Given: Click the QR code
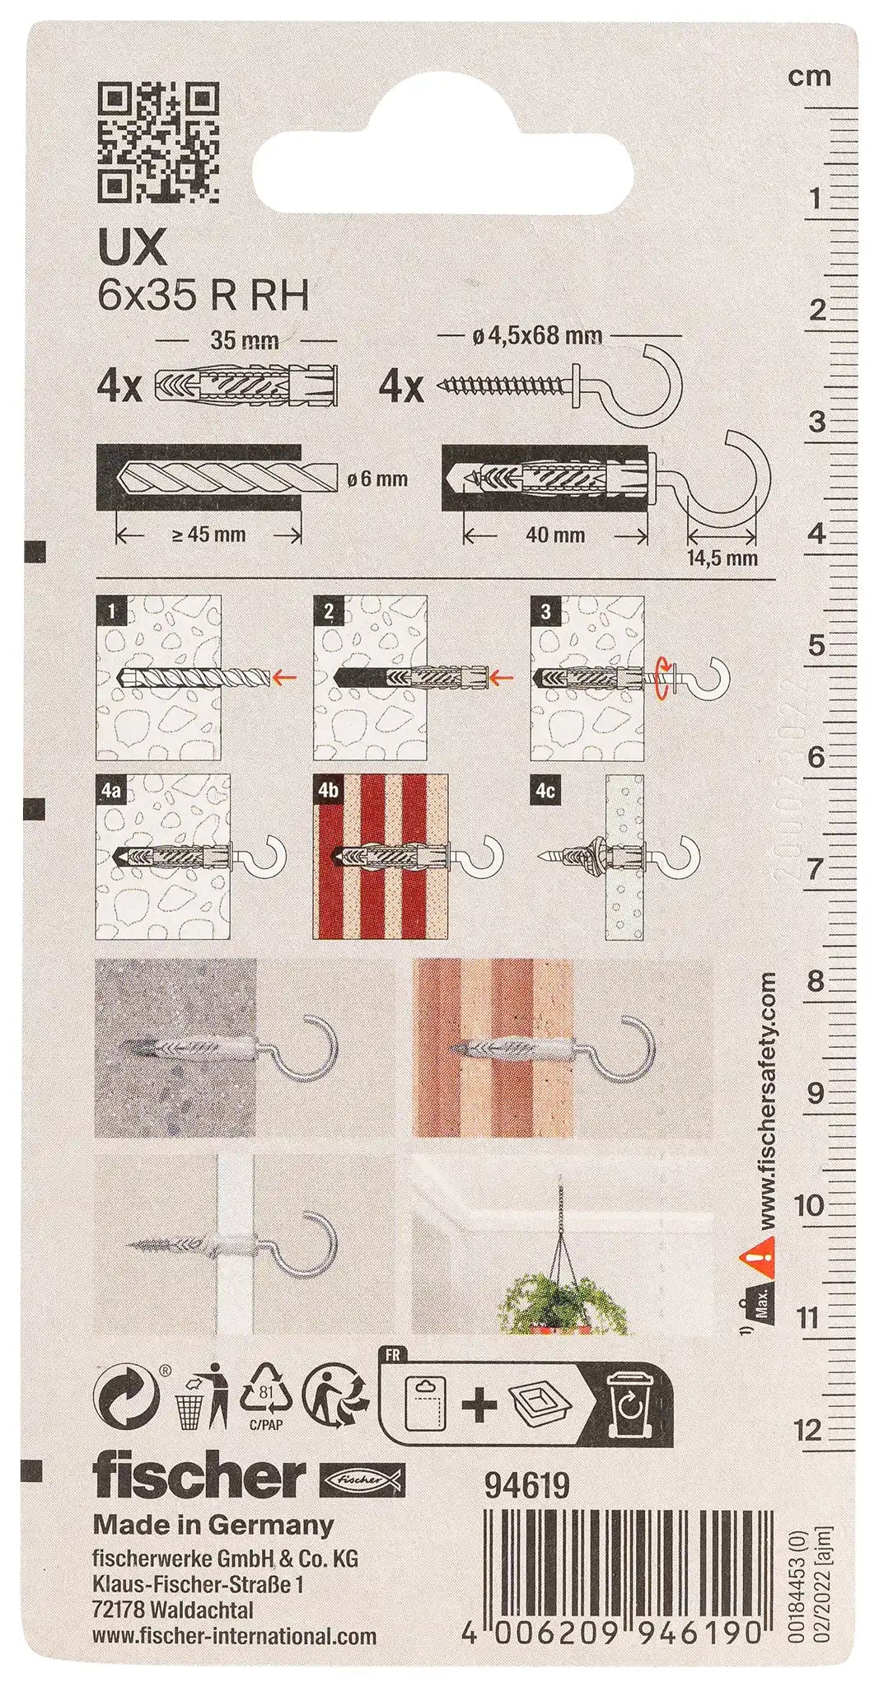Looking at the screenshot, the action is [159, 142].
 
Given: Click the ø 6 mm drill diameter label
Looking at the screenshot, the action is [377, 479].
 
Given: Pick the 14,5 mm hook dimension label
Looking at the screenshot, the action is [722, 558].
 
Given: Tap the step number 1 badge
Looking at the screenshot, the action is [111, 610].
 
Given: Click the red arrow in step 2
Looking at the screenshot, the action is [502, 678].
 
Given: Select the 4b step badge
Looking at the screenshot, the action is [329, 790].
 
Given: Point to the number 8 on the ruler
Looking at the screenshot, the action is [815, 981].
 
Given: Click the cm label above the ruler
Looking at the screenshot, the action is [809, 77].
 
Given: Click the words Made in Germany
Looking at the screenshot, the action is [213, 1525].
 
